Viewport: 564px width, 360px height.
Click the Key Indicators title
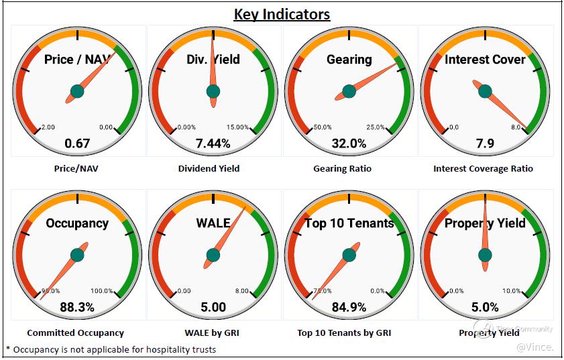(x=282, y=14)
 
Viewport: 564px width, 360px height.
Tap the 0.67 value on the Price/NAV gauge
(x=77, y=143)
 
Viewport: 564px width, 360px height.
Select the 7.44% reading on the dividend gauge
(x=213, y=143)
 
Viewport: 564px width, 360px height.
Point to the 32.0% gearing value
(x=349, y=143)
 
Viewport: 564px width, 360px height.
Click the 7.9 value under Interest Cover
(x=485, y=143)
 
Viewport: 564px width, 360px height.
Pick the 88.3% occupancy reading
(x=77, y=307)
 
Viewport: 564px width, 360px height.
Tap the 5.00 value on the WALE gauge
(x=213, y=307)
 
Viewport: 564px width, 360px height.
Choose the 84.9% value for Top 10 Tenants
(x=349, y=307)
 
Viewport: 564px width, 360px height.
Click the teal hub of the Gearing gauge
(x=349, y=91)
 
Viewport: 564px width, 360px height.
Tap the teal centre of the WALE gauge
(x=213, y=255)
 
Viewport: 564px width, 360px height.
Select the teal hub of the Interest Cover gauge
(x=485, y=91)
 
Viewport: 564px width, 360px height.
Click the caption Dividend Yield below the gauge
(x=213, y=168)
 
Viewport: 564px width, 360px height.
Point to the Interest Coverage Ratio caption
(x=483, y=168)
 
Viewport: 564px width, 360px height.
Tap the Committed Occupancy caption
(x=76, y=333)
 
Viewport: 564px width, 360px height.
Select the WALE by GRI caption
(x=213, y=333)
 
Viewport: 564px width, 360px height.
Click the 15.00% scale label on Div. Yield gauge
(x=237, y=127)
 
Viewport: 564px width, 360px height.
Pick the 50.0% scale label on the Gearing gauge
(x=323, y=127)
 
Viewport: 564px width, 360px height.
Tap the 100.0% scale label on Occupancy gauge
(x=102, y=291)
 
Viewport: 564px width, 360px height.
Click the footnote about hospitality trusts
(x=111, y=349)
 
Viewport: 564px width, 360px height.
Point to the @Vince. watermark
(x=534, y=347)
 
